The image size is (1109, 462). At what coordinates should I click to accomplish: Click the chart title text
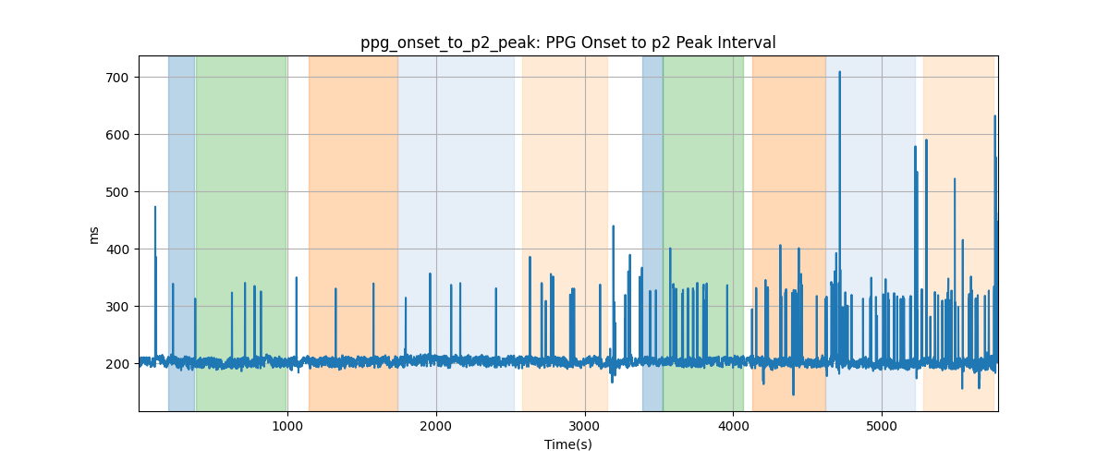coord(567,43)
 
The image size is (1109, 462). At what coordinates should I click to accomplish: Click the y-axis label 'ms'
coord(93,236)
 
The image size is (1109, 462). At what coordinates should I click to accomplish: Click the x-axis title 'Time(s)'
coord(568,444)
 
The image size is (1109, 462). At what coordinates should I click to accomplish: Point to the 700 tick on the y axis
coord(116,78)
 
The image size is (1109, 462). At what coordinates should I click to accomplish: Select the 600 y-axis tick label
coord(116,135)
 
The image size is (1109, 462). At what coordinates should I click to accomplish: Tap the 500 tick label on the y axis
coord(116,192)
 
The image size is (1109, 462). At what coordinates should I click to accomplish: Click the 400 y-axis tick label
coord(116,249)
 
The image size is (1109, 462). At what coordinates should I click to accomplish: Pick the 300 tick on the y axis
coord(116,307)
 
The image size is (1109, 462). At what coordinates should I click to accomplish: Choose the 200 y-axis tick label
coord(116,364)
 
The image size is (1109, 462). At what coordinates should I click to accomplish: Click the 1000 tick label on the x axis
coord(287,426)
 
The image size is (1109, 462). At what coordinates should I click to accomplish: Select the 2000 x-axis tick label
coord(436,426)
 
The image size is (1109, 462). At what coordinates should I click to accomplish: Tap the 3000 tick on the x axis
coord(585,426)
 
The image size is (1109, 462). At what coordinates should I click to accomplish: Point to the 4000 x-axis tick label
coord(733,426)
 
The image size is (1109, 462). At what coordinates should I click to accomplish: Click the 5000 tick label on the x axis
coord(882,426)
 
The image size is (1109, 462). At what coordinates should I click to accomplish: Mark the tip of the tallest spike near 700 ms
coord(840,72)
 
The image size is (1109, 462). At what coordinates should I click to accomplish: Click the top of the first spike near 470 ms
coord(155,207)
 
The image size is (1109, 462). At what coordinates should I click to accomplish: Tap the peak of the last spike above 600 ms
coord(995,115)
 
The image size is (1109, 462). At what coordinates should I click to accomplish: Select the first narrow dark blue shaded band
coord(181,233)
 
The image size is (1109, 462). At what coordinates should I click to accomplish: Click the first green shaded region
coord(241,233)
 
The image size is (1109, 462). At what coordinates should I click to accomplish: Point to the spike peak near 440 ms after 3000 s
coord(614,225)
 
